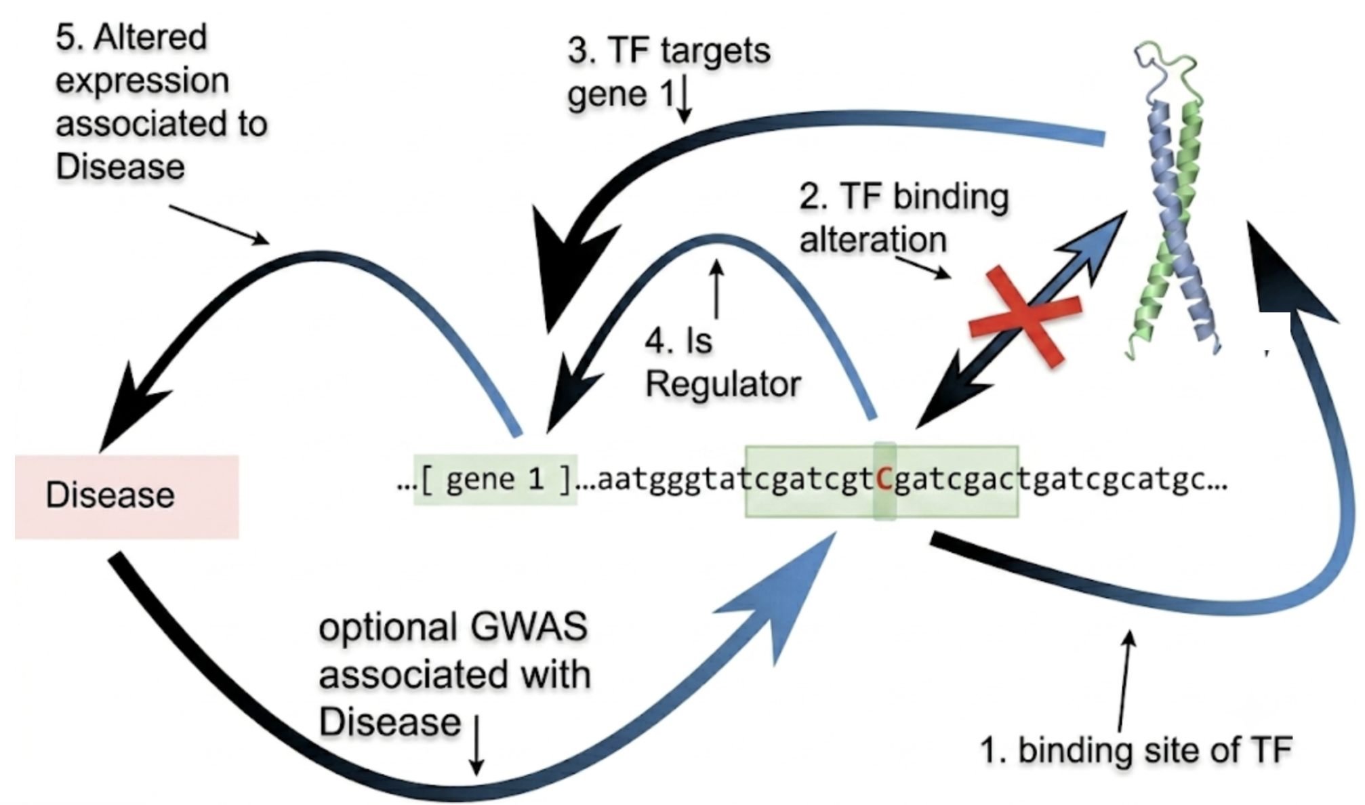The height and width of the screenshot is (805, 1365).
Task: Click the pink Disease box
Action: pos(127,497)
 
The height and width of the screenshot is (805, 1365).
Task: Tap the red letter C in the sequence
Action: pos(884,480)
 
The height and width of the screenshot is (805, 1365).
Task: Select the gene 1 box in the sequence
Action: pos(495,480)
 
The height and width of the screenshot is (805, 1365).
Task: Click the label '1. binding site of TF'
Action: pos(1137,750)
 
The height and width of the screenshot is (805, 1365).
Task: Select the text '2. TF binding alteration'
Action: pos(904,218)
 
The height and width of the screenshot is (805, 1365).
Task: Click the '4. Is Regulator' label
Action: pos(722,363)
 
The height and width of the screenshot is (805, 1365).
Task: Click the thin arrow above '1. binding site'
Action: pos(1125,680)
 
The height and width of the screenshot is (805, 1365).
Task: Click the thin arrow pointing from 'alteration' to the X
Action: pos(923,266)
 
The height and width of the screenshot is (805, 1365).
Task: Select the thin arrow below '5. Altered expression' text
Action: pos(220,224)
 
